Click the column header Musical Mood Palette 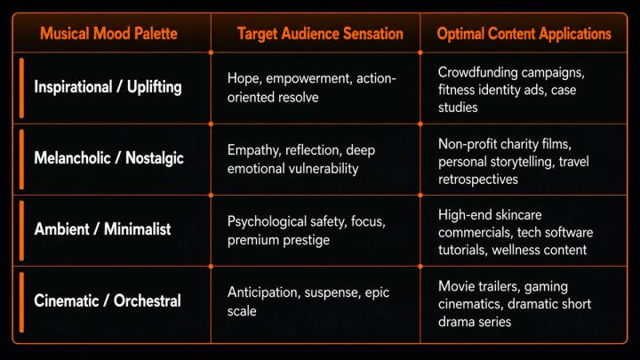point(108,34)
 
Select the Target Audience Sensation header point(320,34)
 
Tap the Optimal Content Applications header point(524,34)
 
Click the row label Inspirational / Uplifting point(108,87)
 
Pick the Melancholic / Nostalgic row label point(109,158)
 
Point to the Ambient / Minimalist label point(102,229)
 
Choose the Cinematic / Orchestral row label point(108,300)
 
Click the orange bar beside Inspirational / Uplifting point(21,88)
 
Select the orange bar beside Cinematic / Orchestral point(21,302)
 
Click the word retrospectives point(478,180)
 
